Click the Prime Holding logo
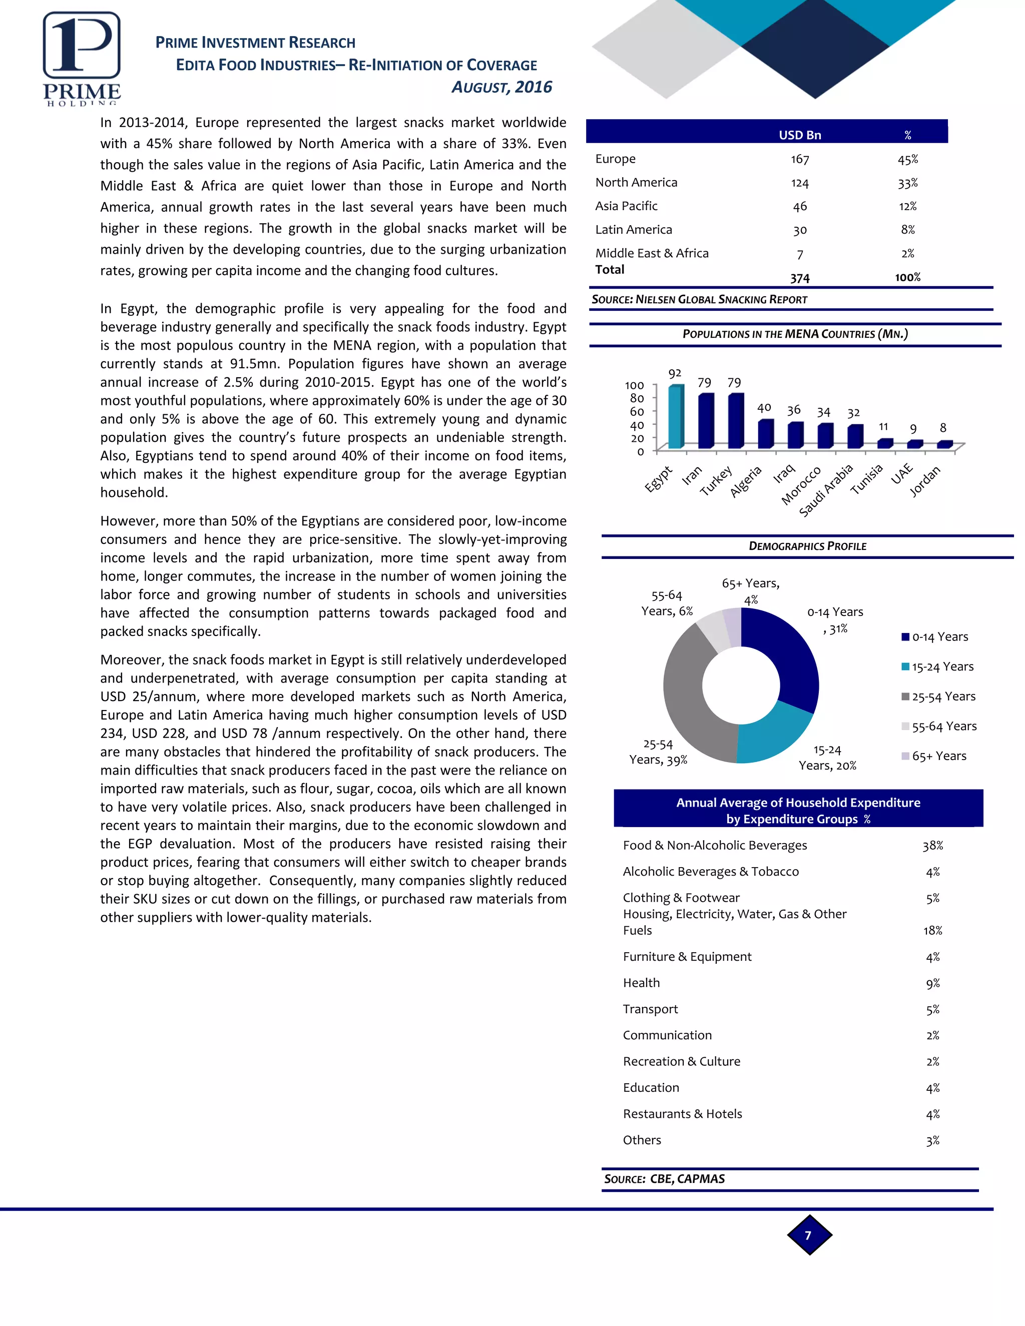(82, 58)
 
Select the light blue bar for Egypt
(675, 418)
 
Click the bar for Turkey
(735, 421)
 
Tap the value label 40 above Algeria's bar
(764, 408)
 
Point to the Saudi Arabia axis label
(826, 490)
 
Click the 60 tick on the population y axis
(637, 412)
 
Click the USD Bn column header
(800, 135)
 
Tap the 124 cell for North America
(800, 183)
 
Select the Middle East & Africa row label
(652, 253)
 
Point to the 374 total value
(800, 278)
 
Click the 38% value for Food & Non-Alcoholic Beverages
(932, 846)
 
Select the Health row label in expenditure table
(641, 982)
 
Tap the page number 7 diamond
(808, 1235)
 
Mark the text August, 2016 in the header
(501, 88)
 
